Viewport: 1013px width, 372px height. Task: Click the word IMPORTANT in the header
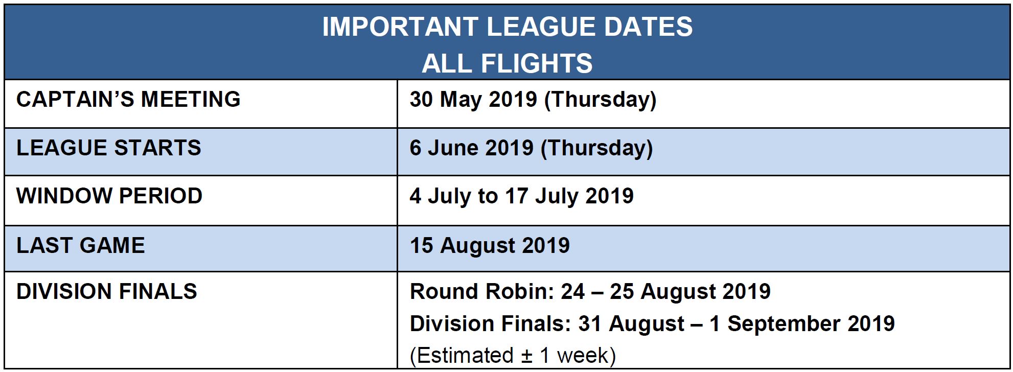point(400,27)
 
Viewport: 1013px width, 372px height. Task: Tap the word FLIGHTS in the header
point(537,63)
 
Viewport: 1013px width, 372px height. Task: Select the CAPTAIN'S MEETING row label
point(128,99)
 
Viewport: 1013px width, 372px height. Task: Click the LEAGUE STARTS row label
point(109,148)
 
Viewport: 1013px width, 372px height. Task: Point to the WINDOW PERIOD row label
point(109,196)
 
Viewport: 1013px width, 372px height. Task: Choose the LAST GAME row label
point(81,245)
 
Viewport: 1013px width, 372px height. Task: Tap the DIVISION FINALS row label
point(107,291)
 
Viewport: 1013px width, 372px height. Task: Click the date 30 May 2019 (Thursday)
point(533,100)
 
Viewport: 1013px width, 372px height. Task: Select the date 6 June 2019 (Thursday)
point(532,149)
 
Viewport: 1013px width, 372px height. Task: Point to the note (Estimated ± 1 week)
point(513,356)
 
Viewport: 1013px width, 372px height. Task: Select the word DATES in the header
point(648,27)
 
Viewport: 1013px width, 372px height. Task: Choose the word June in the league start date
point(451,148)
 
